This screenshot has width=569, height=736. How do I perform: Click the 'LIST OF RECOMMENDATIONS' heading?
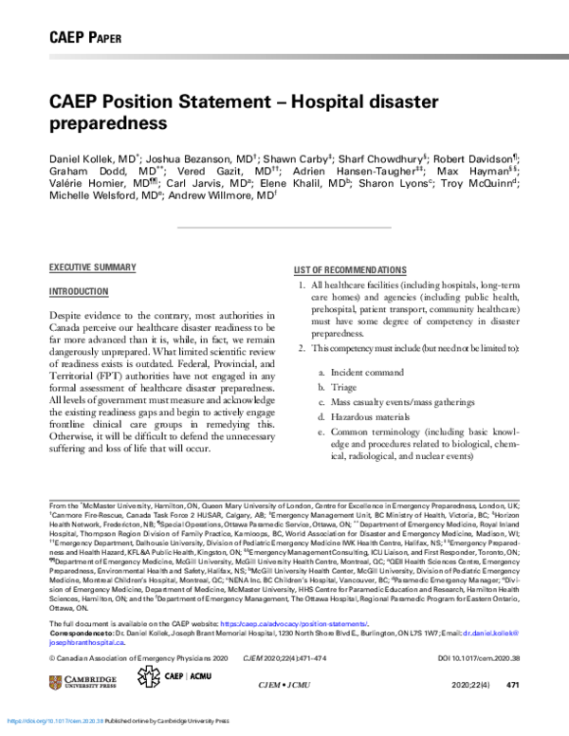[350, 270]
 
